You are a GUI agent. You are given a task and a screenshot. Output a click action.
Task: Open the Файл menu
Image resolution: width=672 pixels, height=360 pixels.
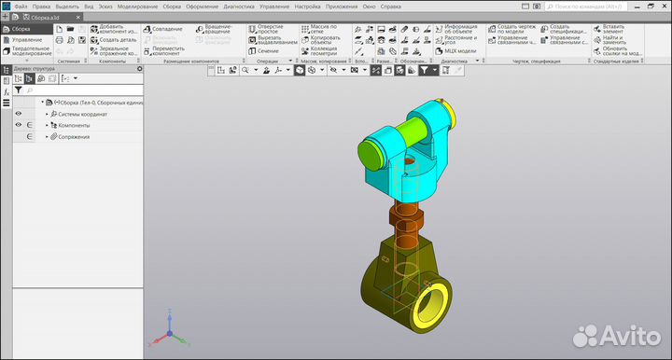coord(21,6)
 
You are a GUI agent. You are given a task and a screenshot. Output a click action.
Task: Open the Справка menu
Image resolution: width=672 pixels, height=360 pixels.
coord(391,6)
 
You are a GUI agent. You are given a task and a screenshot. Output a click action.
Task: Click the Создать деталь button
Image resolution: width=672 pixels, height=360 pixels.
coord(117,40)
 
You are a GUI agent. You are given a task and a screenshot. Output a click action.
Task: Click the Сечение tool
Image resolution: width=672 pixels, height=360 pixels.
coord(267,50)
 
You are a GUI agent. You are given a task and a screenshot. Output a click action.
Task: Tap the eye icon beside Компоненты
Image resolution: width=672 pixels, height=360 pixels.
coord(18,125)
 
